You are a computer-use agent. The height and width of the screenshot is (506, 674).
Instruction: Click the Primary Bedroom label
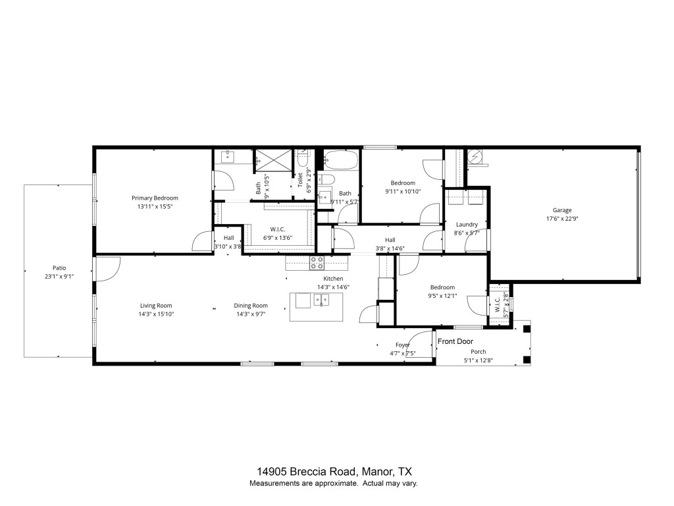click(x=155, y=198)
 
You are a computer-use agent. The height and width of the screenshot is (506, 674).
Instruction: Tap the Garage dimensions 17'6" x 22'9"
click(x=561, y=219)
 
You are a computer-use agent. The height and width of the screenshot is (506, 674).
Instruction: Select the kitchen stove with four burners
click(x=317, y=263)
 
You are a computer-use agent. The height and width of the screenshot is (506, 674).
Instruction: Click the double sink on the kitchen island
click(x=321, y=300)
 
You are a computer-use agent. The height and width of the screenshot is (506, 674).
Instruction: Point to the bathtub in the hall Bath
click(x=340, y=160)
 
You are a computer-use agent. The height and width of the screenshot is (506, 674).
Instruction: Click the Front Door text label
click(x=455, y=341)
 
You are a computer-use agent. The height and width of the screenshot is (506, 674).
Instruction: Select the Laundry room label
click(x=467, y=225)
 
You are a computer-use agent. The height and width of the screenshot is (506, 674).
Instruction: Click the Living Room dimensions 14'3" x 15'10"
click(x=156, y=314)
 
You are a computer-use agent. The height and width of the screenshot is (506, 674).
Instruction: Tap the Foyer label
click(x=403, y=345)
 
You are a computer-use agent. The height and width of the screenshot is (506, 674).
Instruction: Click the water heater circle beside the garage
click(x=475, y=157)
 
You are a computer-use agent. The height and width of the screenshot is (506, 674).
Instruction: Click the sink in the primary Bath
click(x=228, y=156)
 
